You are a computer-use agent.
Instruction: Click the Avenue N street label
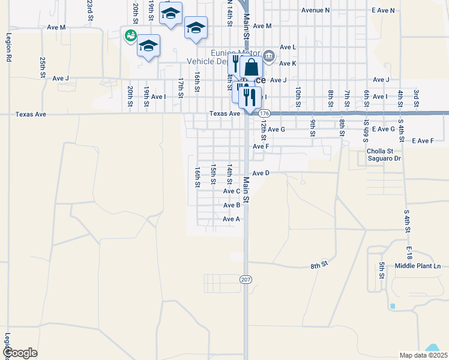tap(316, 10)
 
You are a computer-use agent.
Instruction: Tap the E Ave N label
tap(384, 10)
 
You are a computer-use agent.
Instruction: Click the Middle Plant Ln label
tap(418, 266)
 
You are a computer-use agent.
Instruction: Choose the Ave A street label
tap(232, 220)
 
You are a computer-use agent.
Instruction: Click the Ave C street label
tap(232, 191)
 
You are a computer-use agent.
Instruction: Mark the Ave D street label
tap(261, 173)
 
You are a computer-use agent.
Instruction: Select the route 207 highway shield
tap(246, 280)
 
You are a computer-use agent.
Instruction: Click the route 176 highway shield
tap(265, 113)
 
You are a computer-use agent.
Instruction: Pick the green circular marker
tap(129, 36)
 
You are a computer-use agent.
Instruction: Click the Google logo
tap(20, 353)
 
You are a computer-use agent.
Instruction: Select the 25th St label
tap(43, 64)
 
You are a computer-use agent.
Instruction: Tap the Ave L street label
tap(288, 47)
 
